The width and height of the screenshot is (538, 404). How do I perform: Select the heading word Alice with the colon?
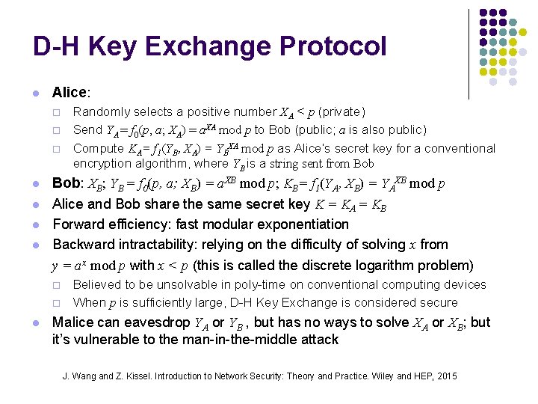(71, 93)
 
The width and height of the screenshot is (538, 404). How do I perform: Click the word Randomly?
(99, 111)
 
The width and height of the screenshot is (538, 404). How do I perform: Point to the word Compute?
(98, 148)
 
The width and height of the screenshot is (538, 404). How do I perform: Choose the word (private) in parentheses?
(341, 111)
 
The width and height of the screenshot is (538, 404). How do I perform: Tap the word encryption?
(104, 163)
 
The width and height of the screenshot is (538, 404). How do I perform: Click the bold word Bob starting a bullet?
(66, 184)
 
